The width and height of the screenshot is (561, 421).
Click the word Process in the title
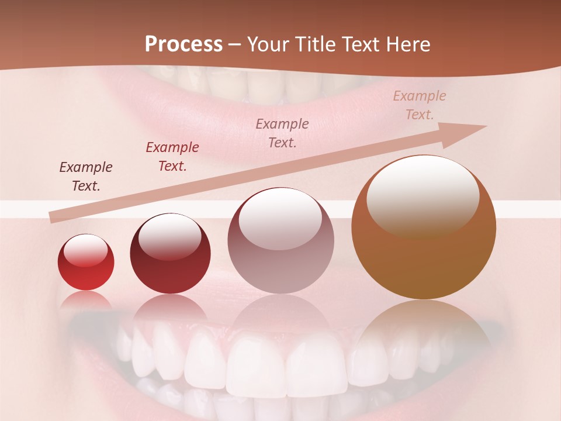point(183,44)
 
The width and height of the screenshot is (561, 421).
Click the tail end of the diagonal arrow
point(54,218)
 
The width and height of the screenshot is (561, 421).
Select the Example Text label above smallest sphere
point(85,177)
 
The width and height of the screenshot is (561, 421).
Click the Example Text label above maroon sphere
point(172,157)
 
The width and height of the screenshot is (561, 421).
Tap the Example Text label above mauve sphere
point(282,133)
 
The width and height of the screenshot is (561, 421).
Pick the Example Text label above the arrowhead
point(420,105)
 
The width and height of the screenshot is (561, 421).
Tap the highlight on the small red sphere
point(85,250)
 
